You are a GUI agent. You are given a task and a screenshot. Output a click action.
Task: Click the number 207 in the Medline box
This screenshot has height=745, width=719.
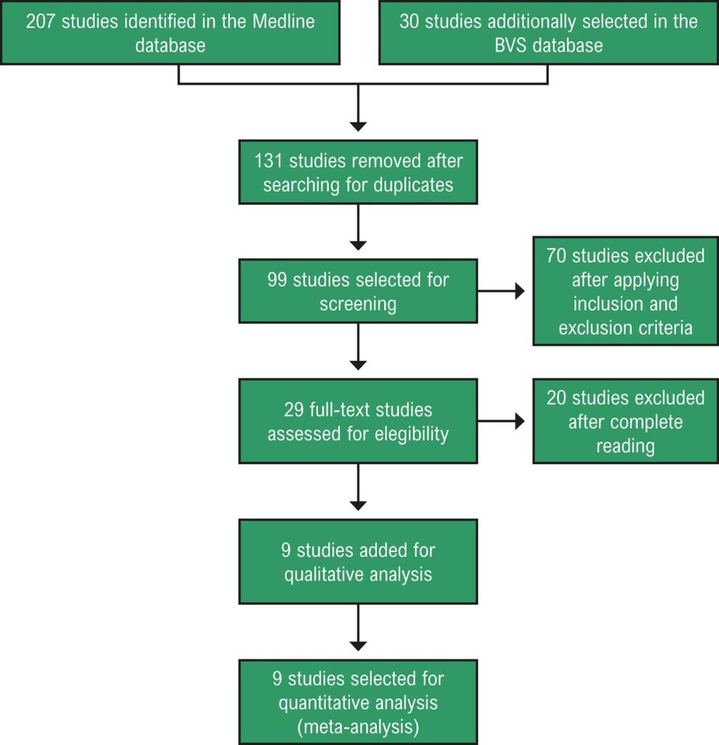click(41, 20)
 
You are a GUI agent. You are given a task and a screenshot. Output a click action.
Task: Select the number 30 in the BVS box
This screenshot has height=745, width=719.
click(409, 20)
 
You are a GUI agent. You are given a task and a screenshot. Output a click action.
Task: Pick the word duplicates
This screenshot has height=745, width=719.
click(413, 185)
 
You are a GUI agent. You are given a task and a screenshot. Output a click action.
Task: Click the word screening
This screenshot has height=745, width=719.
click(358, 304)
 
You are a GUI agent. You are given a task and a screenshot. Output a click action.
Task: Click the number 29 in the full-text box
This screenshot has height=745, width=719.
click(293, 410)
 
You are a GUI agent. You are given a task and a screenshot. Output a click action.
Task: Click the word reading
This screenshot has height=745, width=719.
click(625, 446)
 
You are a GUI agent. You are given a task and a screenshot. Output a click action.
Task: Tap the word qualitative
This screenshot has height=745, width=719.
click(328, 574)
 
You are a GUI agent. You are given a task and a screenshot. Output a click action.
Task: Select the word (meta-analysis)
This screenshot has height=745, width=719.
click(358, 728)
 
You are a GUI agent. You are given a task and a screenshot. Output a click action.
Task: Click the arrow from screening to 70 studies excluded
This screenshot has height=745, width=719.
click(502, 292)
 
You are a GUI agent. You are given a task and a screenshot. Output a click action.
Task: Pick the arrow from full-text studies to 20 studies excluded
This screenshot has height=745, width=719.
click(502, 421)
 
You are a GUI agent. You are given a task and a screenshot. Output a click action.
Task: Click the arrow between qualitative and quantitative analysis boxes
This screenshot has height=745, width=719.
click(358, 630)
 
